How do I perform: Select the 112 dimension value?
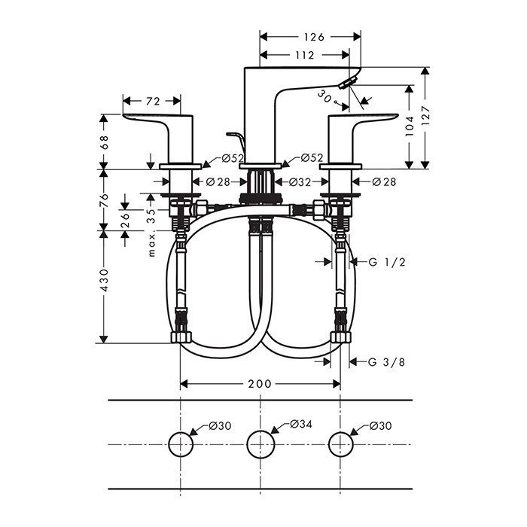coord(304,54)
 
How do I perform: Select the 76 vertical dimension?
coord(105,201)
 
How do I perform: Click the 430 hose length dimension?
coord(105,279)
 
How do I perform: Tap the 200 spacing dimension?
coord(260,384)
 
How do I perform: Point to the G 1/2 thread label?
coord(388,262)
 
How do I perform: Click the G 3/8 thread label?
coord(388,362)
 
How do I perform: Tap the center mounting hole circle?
coord(260,444)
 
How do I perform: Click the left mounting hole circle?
coord(181,444)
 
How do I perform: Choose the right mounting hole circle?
coord(340,444)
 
